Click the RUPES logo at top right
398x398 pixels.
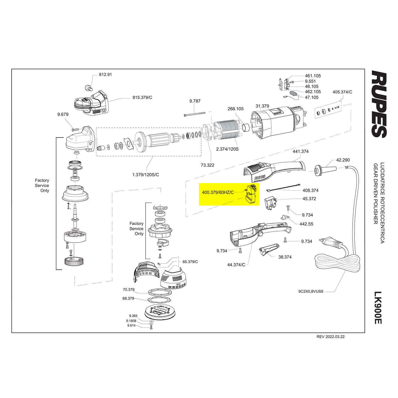click(379, 104)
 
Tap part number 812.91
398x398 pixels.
click(105, 75)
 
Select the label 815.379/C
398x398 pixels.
click(142, 97)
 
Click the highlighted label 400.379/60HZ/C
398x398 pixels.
click(218, 192)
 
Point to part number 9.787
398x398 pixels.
click(195, 101)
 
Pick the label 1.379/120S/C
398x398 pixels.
click(146, 175)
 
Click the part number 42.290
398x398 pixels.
click(343, 160)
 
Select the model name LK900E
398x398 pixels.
click(378, 308)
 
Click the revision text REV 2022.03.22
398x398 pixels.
click(331, 337)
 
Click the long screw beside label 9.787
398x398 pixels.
click(195, 114)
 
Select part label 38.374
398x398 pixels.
click(285, 257)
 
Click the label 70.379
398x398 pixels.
click(128, 290)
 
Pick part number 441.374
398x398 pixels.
click(301, 152)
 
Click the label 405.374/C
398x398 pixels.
click(342, 92)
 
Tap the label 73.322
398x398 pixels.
click(207, 165)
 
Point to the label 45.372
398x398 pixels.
click(309, 199)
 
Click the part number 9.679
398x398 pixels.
click(63, 114)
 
